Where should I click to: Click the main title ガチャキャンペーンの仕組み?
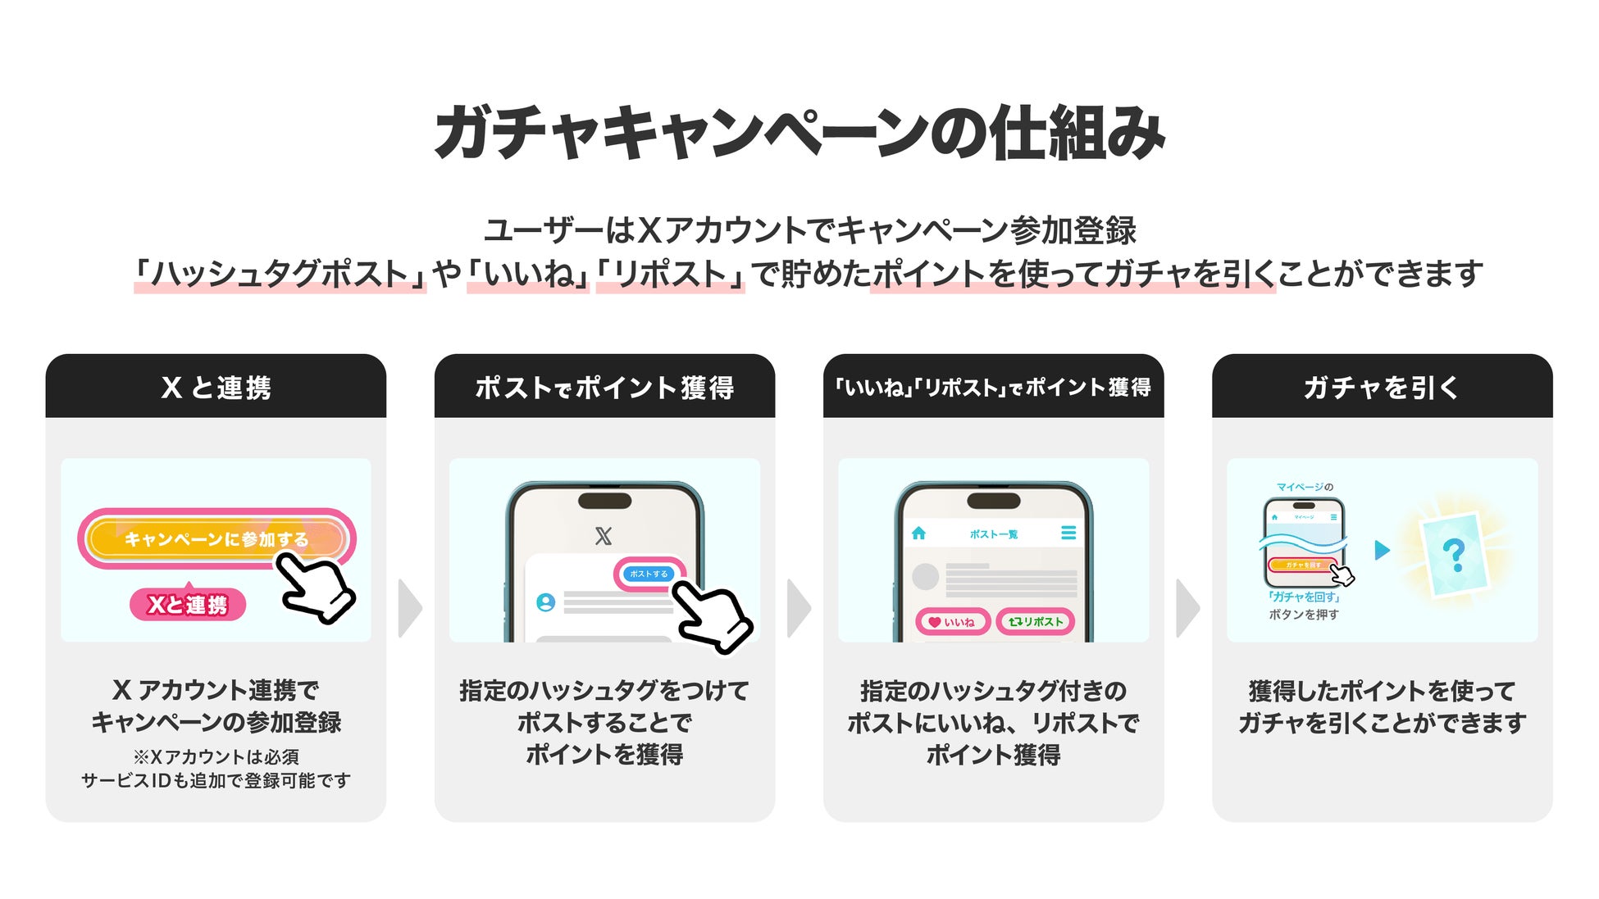pos(799,133)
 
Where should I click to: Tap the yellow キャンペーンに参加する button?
pos(215,538)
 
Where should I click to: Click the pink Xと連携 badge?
pos(188,605)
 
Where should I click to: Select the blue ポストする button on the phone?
pos(649,574)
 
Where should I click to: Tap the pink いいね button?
pos(952,622)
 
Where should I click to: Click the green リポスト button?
pos(1036,622)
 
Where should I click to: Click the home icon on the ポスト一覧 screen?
pos(918,533)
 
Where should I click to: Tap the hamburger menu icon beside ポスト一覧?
pos(1068,533)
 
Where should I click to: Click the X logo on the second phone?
pos(604,536)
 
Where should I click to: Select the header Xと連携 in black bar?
pos(216,388)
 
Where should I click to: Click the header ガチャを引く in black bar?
pos(1382,388)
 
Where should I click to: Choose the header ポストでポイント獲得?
pos(604,388)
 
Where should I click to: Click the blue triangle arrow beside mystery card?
pos(1383,550)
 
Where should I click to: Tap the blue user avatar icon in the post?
pos(545,602)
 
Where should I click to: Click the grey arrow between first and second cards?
pos(409,608)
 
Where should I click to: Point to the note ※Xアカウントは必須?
pos(216,756)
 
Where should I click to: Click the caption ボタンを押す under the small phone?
pos(1304,615)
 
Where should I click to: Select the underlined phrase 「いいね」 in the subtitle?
pos(528,274)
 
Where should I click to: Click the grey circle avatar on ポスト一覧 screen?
pos(925,576)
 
